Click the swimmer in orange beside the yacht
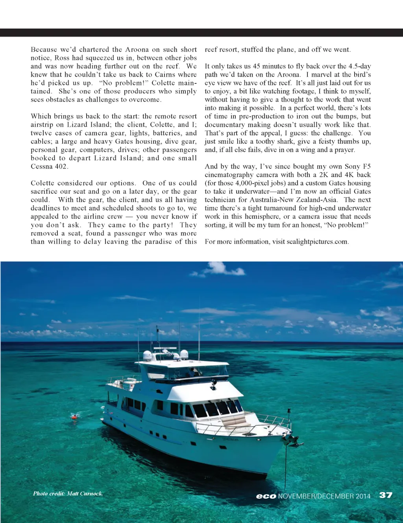(x=74, y=417)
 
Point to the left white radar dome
(x=147, y=355)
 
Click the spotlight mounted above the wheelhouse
(x=214, y=382)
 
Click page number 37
(x=386, y=495)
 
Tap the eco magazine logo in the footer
(x=266, y=496)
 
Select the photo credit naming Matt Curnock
(x=68, y=493)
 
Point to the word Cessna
(x=42, y=166)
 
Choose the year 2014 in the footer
(x=363, y=496)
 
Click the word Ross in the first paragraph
(x=62, y=58)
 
